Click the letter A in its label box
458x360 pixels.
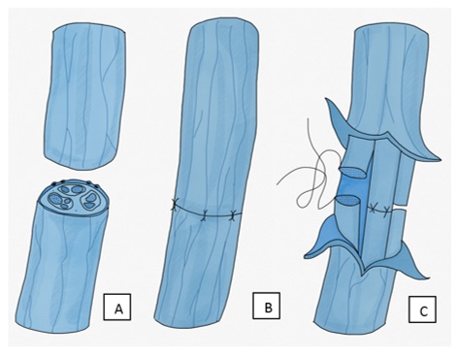pyautogui.click(x=118, y=310)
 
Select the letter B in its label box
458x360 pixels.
pyautogui.click(x=268, y=308)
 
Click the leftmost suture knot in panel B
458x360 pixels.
pyautogui.click(x=174, y=206)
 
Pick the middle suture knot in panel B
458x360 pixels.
pyautogui.click(x=204, y=215)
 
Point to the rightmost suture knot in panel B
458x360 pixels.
pyautogui.click(x=233, y=215)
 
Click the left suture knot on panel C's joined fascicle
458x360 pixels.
pyautogui.click(x=374, y=209)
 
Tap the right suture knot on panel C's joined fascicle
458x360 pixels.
pyautogui.click(x=385, y=211)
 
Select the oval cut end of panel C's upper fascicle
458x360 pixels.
pyautogui.click(x=353, y=173)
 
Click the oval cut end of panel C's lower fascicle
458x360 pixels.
pyautogui.click(x=347, y=201)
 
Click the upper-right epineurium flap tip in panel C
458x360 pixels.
pyautogui.click(x=439, y=159)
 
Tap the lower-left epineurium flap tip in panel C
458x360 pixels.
pyautogui.click(x=306, y=256)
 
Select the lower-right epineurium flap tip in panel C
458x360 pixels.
pyautogui.click(x=429, y=278)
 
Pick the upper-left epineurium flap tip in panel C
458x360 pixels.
pyautogui.click(x=327, y=100)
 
